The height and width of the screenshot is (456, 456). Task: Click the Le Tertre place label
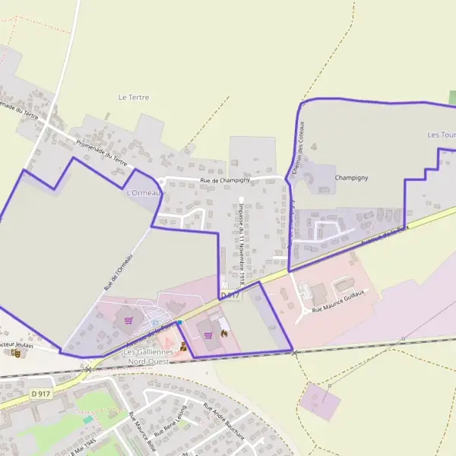click(x=134, y=97)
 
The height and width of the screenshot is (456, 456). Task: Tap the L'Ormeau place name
click(x=141, y=193)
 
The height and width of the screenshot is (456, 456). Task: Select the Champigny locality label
click(x=351, y=178)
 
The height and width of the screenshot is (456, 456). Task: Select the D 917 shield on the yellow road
click(x=41, y=393)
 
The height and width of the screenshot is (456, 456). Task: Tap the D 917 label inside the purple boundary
click(x=230, y=294)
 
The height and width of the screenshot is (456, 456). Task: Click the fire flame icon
click(x=224, y=332)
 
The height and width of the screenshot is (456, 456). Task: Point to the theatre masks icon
click(x=15, y=353)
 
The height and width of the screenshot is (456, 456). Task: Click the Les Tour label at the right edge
click(x=441, y=135)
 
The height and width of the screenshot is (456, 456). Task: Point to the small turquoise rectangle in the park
click(x=88, y=419)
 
